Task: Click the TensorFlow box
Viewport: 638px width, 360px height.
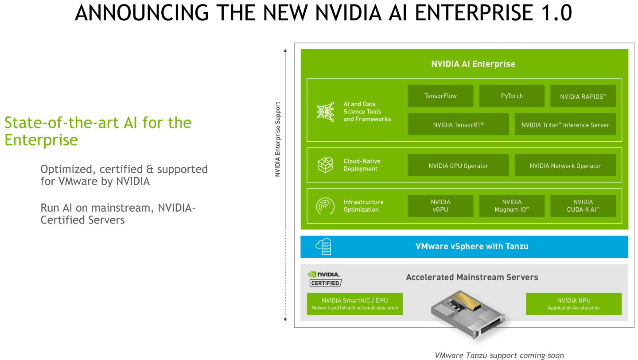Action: coord(440,96)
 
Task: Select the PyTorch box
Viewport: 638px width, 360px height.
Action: coord(512,96)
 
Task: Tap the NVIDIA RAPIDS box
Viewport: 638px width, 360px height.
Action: coord(583,96)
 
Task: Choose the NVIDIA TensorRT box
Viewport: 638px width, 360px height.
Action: coord(458,124)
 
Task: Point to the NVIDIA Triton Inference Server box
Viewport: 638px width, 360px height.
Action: coord(565,124)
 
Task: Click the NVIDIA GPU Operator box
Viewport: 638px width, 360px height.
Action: coord(458,166)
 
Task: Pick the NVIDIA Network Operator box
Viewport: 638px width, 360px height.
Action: coord(565,166)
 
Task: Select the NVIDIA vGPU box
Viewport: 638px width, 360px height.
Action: coord(440,206)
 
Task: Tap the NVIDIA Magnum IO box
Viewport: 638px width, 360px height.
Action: coord(512,206)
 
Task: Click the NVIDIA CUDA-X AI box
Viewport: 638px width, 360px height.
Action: coord(583,206)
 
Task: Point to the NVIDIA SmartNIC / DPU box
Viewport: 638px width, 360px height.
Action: coord(354,304)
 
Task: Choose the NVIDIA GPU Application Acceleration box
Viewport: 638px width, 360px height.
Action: coord(573,304)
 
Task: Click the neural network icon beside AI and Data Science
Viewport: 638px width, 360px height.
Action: coord(325,112)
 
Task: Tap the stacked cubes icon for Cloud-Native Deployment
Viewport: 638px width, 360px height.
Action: coord(325,165)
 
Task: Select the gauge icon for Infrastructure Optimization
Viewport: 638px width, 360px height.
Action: coord(325,206)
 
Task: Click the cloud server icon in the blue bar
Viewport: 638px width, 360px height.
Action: coord(324,247)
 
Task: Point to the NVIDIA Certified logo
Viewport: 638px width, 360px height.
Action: coord(325,279)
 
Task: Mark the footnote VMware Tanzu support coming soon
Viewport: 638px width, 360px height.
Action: coord(499,355)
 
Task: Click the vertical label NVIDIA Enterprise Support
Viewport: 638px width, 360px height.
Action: coord(278,139)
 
